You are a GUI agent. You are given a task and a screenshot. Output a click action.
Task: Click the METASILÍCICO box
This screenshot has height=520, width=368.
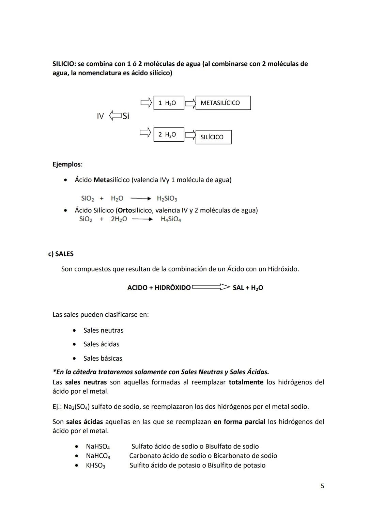pyautogui.click(x=223, y=103)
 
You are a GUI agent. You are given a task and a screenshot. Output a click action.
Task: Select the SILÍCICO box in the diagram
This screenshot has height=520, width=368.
pyautogui.click(x=213, y=137)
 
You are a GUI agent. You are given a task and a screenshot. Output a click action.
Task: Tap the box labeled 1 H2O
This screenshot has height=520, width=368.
pyautogui.click(x=169, y=103)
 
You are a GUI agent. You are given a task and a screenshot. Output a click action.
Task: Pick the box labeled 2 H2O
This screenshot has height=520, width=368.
pyautogui.click(x=169, y=135)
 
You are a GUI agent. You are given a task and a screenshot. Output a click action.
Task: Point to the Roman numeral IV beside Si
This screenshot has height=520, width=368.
pyautogui.click(x=100, y=116)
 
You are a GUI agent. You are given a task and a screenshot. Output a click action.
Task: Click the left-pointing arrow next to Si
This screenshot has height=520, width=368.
pyautogui.click(x=115, y=116)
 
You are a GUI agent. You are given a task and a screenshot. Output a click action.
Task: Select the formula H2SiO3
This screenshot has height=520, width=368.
pyautogui.click(x=167, y=199)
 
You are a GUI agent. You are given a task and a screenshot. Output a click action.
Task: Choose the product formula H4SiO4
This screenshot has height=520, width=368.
pyautogui.click(x=171, y=219)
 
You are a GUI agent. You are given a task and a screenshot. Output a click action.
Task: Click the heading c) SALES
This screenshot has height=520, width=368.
pyautogui.click(x=61, y=254)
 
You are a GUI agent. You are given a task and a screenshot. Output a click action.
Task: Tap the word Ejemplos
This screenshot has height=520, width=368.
pyautogui.click(x=67, y=164)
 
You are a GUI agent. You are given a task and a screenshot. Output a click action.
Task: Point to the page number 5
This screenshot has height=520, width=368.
pyautogui.click(x=322, y=486)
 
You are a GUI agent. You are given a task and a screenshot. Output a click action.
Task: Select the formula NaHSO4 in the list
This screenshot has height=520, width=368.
pyautogui.click(x=98, y=446)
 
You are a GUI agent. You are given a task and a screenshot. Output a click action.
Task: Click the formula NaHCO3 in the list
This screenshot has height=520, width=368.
pyautogui.click(x=98, y=456)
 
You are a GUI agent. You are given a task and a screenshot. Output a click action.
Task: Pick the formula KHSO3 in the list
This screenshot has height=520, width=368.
pyautogui.click(x=95, y=466)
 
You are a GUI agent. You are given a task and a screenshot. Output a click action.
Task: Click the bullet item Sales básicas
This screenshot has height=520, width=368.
pyautogui.click(x=103, y=358)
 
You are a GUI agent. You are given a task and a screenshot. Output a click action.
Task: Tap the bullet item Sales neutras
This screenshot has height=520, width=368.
pyautogui.click(x=103, y=330)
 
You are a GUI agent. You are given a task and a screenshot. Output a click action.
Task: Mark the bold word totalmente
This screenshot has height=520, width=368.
pyautogui.click(x=246, y=382)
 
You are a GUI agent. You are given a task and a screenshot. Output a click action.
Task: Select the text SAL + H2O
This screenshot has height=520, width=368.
pyautogui.click(x=248, y=288)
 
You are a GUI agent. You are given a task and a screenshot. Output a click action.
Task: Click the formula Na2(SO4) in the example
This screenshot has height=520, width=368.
pyautogui.click(x=77, y=407)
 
